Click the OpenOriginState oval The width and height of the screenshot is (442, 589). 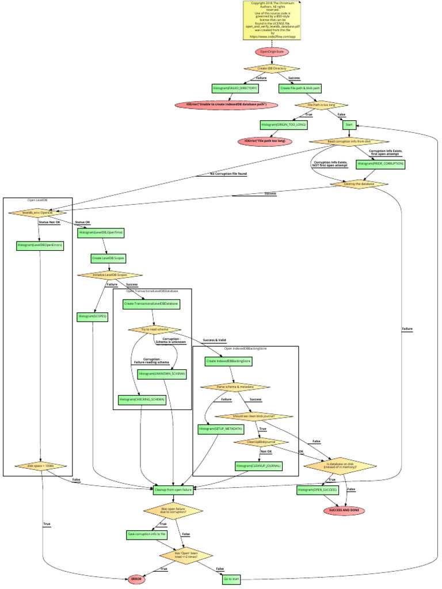[272, 52]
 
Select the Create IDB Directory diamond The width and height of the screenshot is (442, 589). [271, 68]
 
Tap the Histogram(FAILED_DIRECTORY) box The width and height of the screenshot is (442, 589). [235, 89]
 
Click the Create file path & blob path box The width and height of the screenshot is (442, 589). [300, 89]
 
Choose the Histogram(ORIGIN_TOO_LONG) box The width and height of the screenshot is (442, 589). [284, 124]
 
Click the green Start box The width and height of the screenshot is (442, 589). [349, 124]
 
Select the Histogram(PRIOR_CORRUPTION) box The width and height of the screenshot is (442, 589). [380, 163]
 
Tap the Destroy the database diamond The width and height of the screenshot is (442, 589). [359, 184]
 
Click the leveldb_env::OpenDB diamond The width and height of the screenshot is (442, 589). [38, 212]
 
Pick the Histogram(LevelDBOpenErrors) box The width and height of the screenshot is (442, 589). [40, 245]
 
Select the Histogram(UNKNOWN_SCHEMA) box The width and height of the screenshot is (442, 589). [162, 374]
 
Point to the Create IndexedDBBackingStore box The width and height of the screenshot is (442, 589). [228, 361]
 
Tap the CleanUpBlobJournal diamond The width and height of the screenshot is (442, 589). [261, 442]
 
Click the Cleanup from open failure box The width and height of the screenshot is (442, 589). [173, 491]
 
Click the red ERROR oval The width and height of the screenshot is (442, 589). [136, 580]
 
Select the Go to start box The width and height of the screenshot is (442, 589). [231, 579]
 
